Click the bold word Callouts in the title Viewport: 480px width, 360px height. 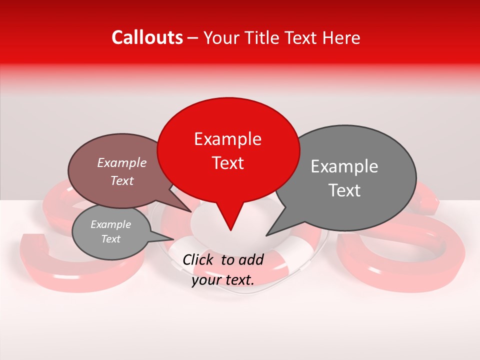pyautogui.click(x=147, y=37)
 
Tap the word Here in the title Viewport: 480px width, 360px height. pyautogui.click(x=341, y=38)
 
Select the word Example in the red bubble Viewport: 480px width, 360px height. pyautogui.click(x=227, y=139)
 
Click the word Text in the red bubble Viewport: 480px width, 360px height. pyautogui.click(x=227, y=163)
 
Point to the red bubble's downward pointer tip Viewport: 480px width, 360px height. pyautogui.click(x=230, y=229)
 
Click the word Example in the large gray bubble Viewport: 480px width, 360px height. pyautogui.click(x=344, y=166)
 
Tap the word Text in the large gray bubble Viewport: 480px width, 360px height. pyautogui.click(x=344, y=190)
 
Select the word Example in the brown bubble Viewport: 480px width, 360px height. pyautogui.click(x=122, y=162)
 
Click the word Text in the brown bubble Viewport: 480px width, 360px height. pyautogui.click(x=122, y=180)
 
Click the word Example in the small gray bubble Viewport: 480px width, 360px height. pyautogui.click(x=110, y=224)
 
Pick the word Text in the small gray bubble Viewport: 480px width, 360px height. pyautogui.click(x=110, y=239)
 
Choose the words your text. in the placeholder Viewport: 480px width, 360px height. pyautogui.click(x=223, y=280)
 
